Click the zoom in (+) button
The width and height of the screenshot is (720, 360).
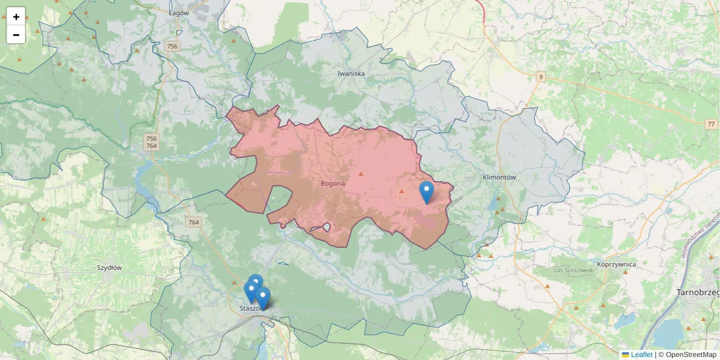[x=16, y=17]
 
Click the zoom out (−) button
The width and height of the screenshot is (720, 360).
[x=16, y=35]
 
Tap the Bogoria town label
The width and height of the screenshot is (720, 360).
[x=333, y=184]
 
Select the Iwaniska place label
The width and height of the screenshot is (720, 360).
[x=351, y=74]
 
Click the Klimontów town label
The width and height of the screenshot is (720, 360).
[x=499, y=178]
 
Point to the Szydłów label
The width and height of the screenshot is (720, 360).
[x=109, y=268]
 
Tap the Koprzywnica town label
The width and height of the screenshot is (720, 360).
[x=616, y=264]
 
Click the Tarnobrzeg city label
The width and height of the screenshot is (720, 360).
[x=698, y=292]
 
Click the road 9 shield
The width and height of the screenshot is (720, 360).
[x=541, y=77]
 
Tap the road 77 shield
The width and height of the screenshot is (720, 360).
[x=711, y=124]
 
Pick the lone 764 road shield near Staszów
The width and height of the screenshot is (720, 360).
[x=193, y=223]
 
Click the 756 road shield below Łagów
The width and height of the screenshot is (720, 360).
[x=173, y=46]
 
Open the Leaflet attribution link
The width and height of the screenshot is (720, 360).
[x=641, y=355]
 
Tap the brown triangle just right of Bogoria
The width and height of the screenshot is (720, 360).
[x=361, y=174]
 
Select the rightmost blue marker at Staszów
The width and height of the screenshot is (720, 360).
[x=263, y=298]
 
